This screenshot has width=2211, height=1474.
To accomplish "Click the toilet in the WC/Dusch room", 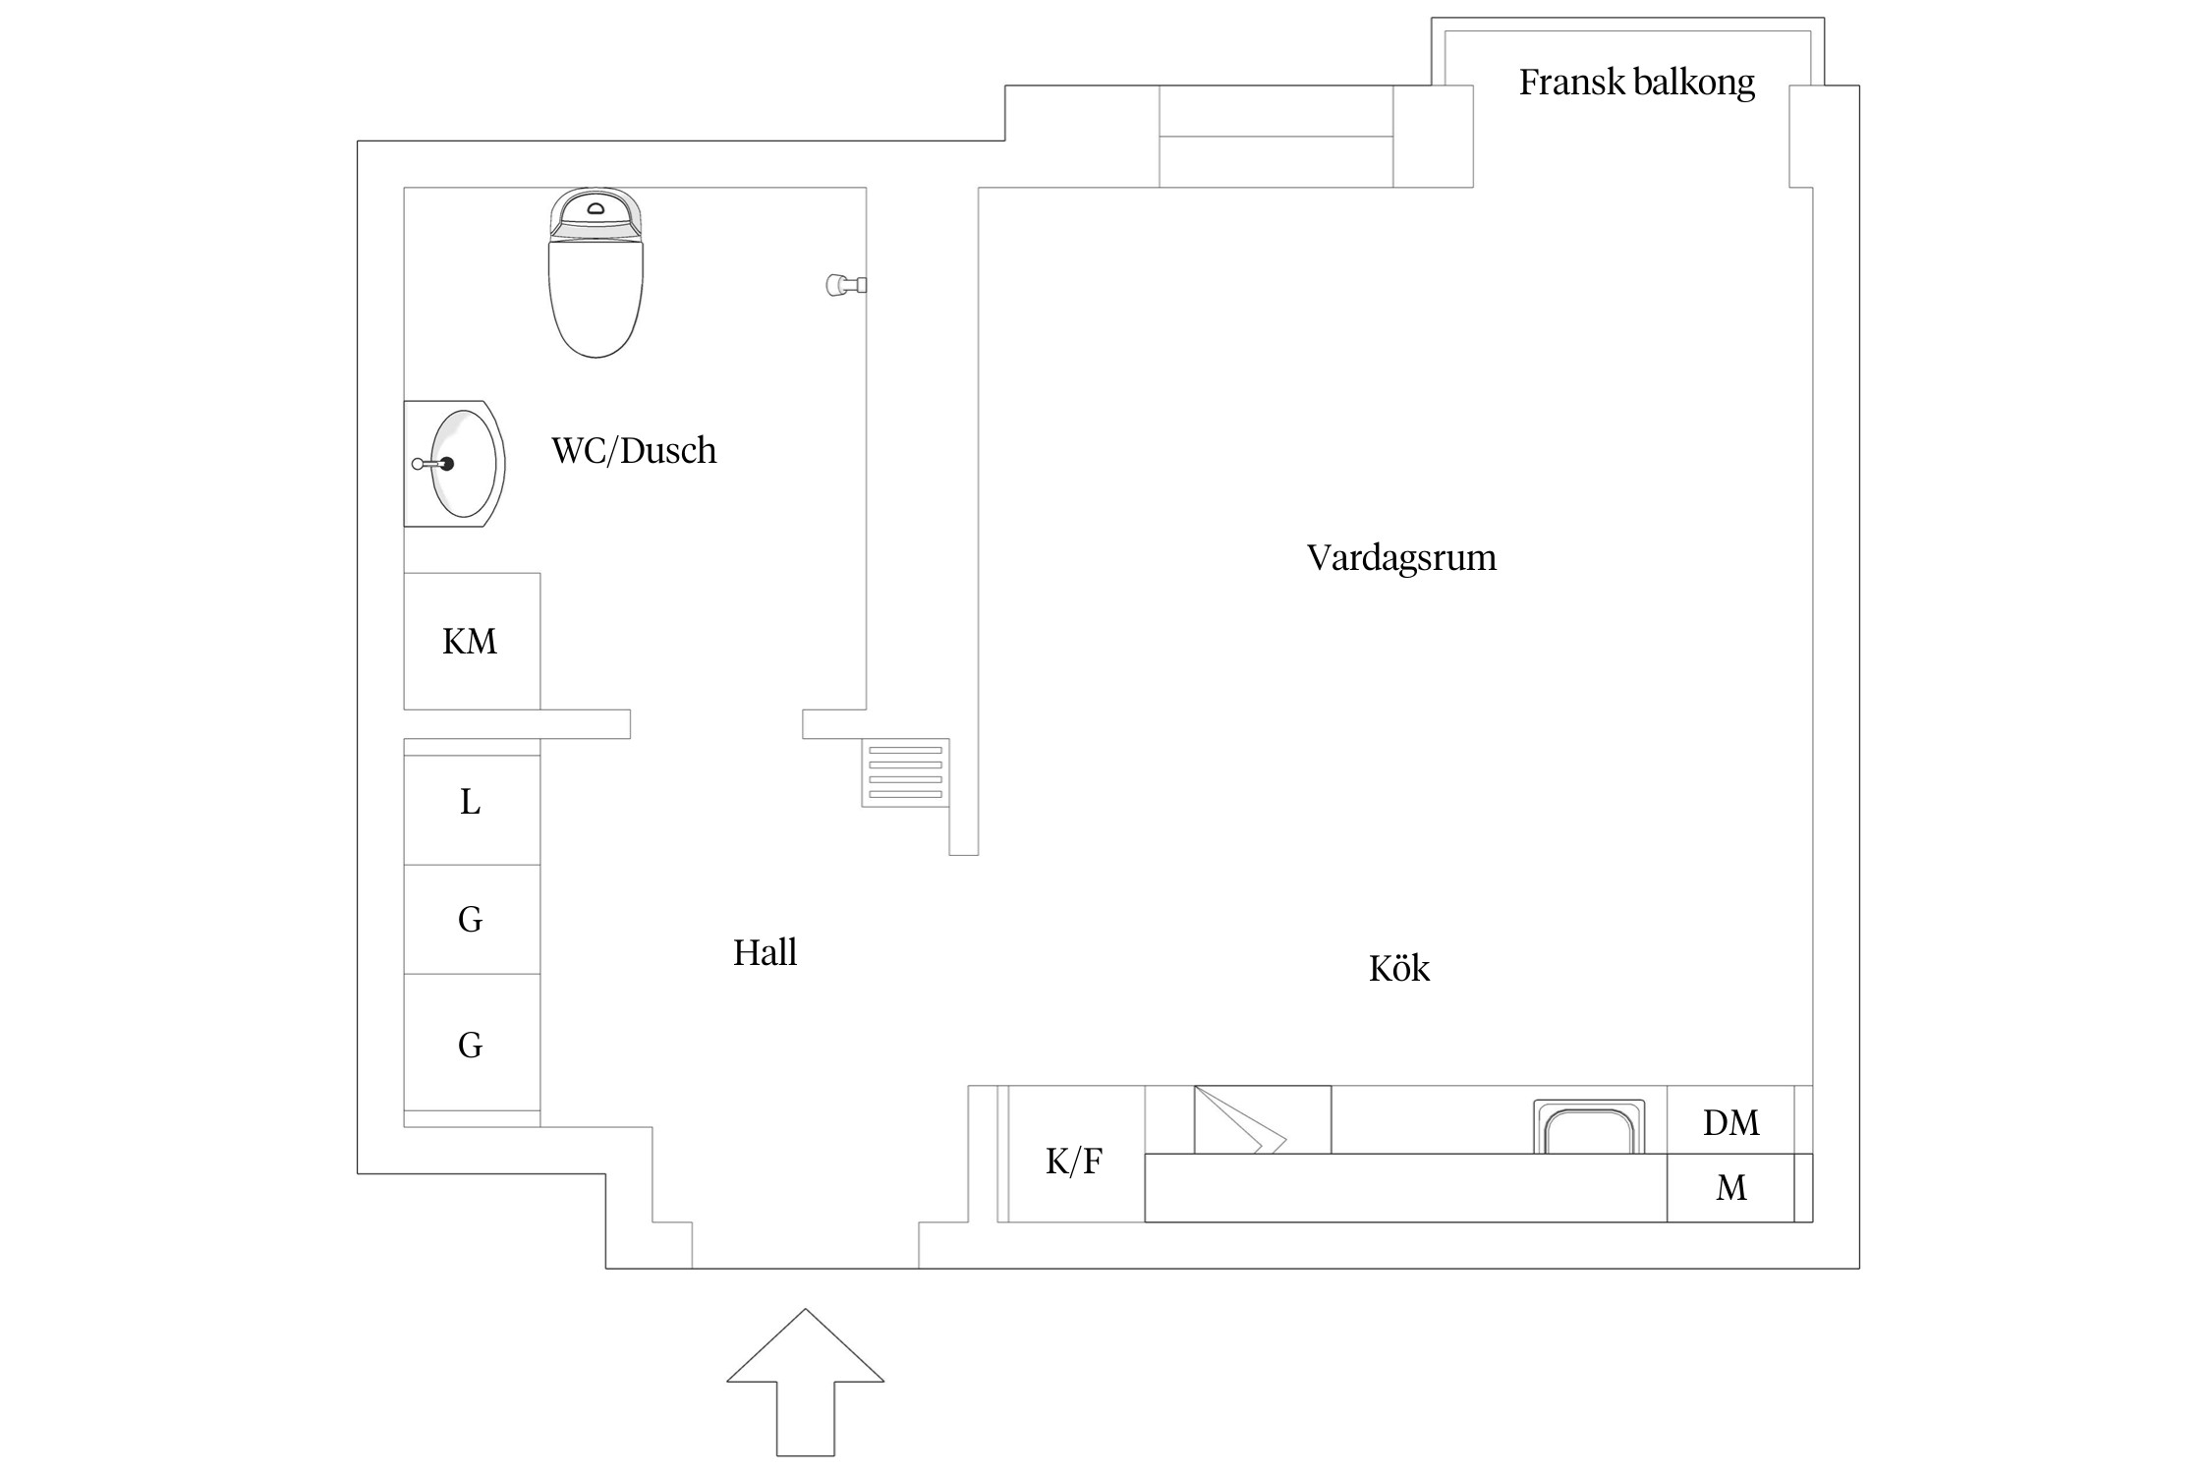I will click(x=595, y=285).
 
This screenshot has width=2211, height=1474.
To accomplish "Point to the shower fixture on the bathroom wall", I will click(x=845, y=285).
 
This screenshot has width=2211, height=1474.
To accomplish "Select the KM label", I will click(x=470, y=642).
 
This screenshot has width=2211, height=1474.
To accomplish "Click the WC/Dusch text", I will click(x=634, y=450).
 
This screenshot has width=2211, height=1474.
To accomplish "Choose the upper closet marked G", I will click(x=472, y=920).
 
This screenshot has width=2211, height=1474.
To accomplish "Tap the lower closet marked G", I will click(x=472, y=1044).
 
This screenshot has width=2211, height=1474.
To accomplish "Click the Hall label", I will click(x=765, y=952).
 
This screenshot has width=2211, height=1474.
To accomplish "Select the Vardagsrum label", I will click(x=1401, y=557).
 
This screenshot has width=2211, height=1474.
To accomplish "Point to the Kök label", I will click(x=1398, y=969).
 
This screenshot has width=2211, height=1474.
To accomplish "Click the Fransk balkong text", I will click(x=1636, y=82).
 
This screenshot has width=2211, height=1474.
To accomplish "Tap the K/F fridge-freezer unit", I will click(x=1074, y=1161).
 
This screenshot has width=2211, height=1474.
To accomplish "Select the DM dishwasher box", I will click(x=1730, y=1121).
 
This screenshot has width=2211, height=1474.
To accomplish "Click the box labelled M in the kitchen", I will click(x=1730, y=1188).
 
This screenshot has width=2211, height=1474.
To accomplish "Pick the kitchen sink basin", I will click(x=1589, y=1129).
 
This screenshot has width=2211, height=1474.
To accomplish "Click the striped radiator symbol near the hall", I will click(x=905, y=772).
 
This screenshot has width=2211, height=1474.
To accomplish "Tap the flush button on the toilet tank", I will click(x=595, y=208).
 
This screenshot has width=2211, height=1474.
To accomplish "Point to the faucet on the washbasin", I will click(x=432, y=464).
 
